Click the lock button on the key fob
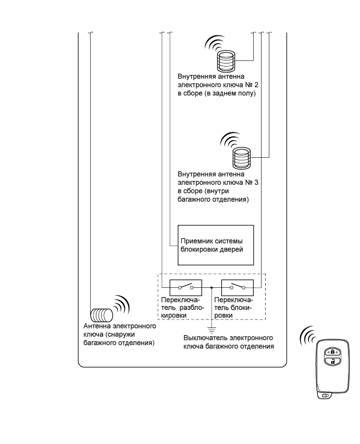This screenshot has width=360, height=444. point(332,352)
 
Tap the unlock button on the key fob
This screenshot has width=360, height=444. point(332,361)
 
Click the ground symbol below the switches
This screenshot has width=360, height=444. point(212,330)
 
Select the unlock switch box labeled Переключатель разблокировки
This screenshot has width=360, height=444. point(185,287)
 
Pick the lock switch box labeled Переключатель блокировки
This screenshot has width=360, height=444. point(237,287)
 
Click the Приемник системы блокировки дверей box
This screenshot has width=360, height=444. point(216,245)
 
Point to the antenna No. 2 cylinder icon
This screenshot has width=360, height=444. point(226,61)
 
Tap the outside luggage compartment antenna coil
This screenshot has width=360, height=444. point(102,315)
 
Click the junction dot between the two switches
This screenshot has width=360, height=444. point(212,287)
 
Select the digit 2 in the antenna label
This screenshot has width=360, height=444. point(256,85)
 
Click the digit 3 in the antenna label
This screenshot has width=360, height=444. point(256,182)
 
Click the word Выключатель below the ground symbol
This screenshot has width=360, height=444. point(205,338)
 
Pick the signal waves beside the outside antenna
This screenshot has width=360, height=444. point(121,305)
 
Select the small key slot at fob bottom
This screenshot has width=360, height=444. point(325,396)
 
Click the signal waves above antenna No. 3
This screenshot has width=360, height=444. point(230,141)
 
